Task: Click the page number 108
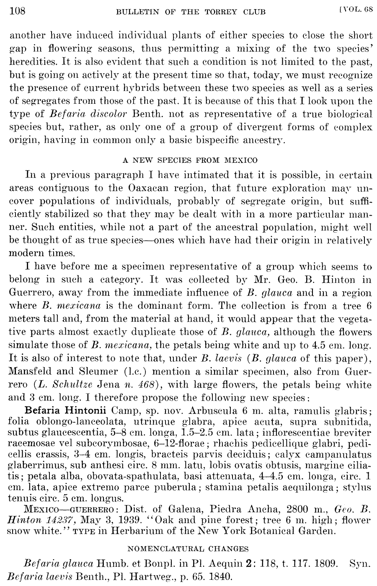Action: pyautogui.click(x=18, y=10)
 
